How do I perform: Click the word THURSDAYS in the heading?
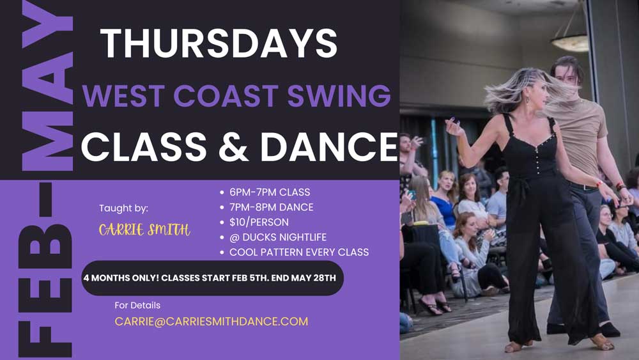(219, 43)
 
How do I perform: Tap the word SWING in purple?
(339, 95)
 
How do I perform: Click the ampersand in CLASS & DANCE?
(233, 147)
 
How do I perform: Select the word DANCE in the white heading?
(329, 147)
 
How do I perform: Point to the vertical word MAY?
(47, 86)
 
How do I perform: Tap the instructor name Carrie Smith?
(144, 230)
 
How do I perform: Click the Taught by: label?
(123, 208)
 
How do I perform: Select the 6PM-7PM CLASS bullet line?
(270, 192)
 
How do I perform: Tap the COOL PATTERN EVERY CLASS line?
(298, 253)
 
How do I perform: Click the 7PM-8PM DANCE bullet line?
(271, 207)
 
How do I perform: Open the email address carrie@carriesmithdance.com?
(211, 321)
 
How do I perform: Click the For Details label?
(137, 306)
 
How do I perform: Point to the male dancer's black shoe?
(610, 329)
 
